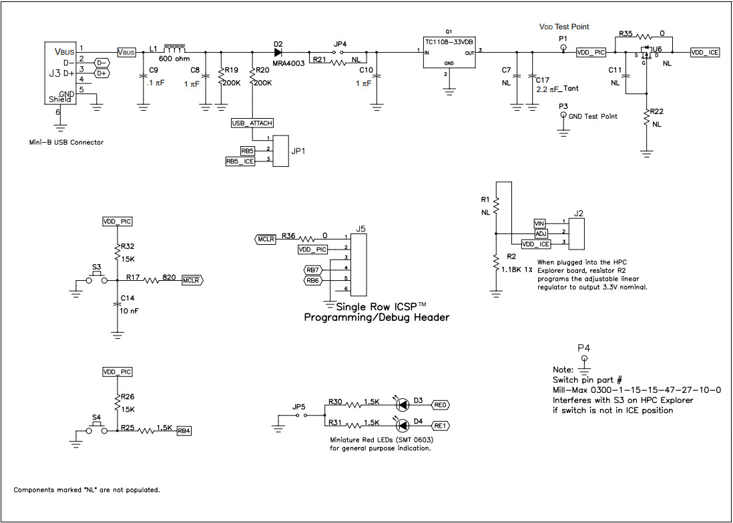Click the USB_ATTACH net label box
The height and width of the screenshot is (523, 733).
(x=252, y=123)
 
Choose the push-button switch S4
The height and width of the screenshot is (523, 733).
(x=97, y=428)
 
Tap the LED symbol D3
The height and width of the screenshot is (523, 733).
(x=403, y=404)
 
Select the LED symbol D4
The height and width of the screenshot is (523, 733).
(x=403, y=425)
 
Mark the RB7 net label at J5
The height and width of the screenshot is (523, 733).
(x=313, y=269)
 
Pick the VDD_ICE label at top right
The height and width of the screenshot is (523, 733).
(x=705, y=52)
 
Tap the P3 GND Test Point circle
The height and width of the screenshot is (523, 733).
(x=563, y=115)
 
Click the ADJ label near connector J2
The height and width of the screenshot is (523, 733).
(x=541, y=233)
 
